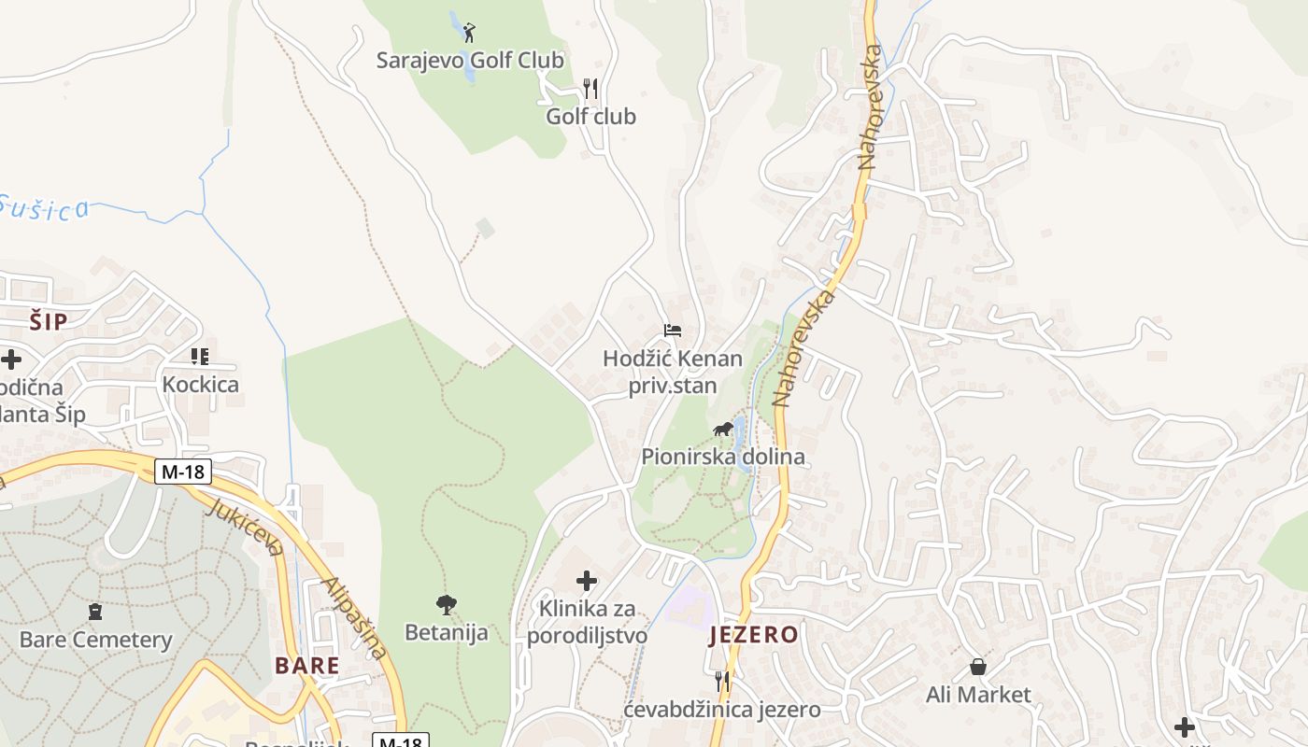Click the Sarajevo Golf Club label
(470, 61)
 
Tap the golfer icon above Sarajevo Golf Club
(469, 34)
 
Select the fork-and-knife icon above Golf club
(590, 89)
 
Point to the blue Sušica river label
(44, 207)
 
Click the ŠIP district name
(48, 322)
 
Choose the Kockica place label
(200, 385)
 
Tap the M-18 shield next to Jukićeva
(183, 472)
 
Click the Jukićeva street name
(244, 526)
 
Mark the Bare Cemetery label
(95, 641)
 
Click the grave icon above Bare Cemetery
(94, 613)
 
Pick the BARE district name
(306, 666)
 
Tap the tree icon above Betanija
(447, 604)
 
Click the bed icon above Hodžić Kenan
(672, 330)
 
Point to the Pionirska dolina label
(722, 458)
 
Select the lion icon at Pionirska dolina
(722, 430)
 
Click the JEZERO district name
(753, 636)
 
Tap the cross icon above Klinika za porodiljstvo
(587, 581)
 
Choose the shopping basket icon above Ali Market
(977, 667)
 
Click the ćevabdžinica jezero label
(721, 710)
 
